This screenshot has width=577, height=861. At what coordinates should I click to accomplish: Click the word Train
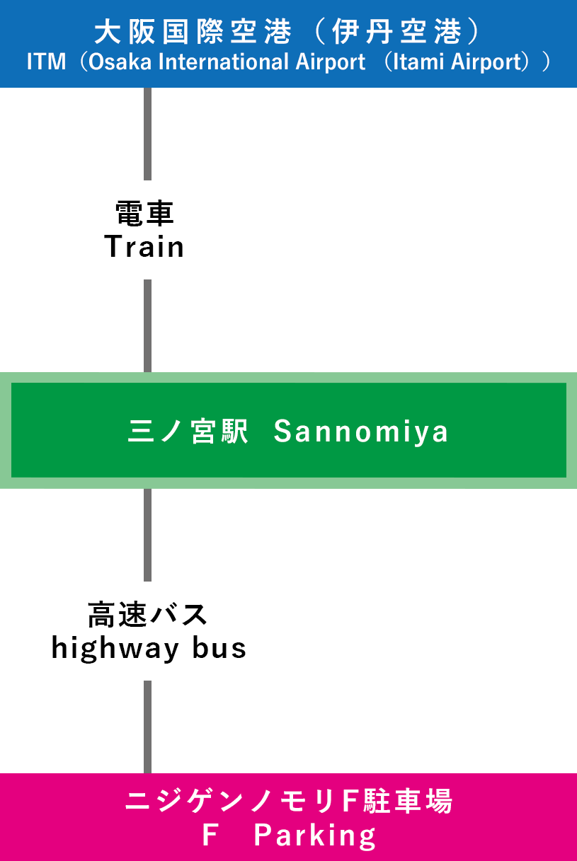[x=144, y=247]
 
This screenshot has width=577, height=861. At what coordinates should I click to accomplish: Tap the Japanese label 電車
[x=144, y=213]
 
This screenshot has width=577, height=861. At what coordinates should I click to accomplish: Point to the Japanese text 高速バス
[x=147, y=614]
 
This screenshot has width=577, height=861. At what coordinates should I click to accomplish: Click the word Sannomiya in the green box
[x=361, y=431]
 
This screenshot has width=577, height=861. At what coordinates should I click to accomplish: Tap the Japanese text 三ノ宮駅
[x=188, y=431]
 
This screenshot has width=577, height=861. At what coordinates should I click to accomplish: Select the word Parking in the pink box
[x=315, y=836]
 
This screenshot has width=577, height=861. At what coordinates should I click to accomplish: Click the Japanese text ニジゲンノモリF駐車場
[x=289, y=802]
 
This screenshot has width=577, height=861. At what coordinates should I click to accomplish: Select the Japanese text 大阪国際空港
[x=193, y=32]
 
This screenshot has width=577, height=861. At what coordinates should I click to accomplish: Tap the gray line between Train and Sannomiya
[x=148, y=325]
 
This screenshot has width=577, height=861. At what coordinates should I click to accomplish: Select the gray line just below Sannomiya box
[x=148, y=534]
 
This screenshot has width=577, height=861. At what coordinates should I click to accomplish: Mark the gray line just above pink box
[x=148, y=727]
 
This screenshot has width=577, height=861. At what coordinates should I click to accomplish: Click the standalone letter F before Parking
[x=209, y=836]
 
